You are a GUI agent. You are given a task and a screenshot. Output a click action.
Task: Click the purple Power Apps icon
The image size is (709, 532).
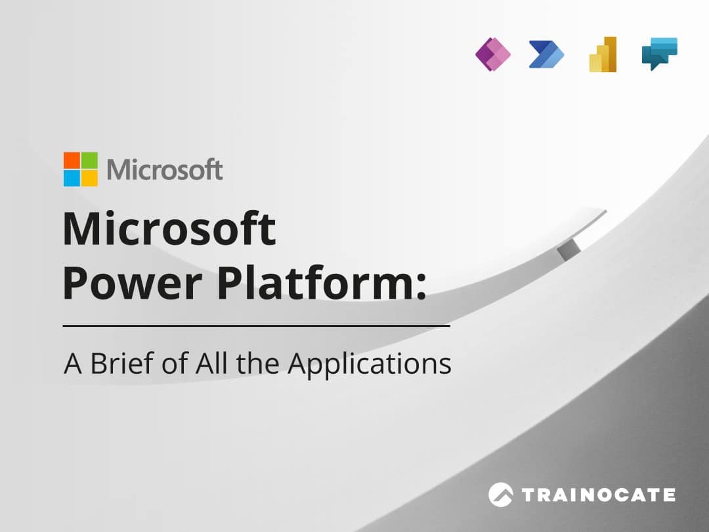pyautogui.click(x=493, y=55)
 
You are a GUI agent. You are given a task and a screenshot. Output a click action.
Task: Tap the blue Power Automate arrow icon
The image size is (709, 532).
pyautogui.click(x=547, y=55)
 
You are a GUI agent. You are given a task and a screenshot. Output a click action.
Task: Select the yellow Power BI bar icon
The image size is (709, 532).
pyautogui.click(x=603, y=55)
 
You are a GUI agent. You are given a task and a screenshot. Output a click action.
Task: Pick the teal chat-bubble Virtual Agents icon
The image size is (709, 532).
pyautogui.click(x=660, y=54)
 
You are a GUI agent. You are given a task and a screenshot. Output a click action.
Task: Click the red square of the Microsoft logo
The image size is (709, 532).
pyautogui.click(x=72, y=160)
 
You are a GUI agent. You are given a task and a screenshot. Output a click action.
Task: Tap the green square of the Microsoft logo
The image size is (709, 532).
pyautogui.click(x=89, y=160)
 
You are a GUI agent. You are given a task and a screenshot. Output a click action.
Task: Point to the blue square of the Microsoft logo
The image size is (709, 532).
pyautogui.click(x=72, y=178)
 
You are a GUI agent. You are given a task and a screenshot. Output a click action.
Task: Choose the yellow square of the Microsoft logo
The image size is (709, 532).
pyautogui.click(x=89, y=178)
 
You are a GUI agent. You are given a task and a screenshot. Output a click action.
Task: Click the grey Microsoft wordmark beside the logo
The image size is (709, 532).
pyautogui.click(x=165, y=169)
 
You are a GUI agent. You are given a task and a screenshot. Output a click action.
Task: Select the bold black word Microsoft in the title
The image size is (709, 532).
pyautogui.click(x=169, y=229)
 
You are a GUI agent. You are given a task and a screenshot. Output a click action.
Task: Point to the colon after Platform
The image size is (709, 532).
pyautogui.click(x=421, y=287)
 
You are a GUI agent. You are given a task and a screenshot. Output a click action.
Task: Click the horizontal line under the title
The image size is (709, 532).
pyautogui.click(x=257, y=326)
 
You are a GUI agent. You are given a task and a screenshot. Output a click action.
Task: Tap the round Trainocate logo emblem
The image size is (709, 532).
pyautogui.click(x=500, y=495)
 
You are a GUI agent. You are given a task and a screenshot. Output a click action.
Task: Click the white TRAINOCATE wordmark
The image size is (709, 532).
pyautogui.click(x=598, y=495)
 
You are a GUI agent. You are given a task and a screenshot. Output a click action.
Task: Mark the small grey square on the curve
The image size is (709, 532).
pyautogui.click(x=569, y=250)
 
